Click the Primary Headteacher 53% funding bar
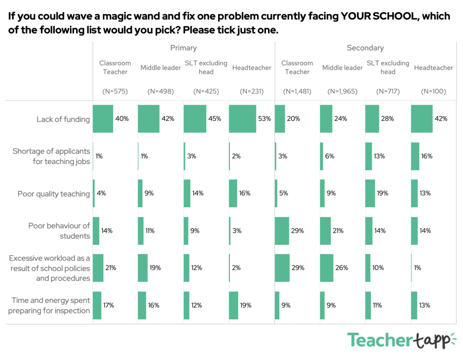click(242, 119)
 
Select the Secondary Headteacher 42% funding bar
click(421, 119)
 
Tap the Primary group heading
click(183, 47)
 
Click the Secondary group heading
click(365, 47)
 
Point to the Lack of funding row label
click(63, 119)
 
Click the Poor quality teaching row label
click(54, 194)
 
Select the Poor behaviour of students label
click(59, 231)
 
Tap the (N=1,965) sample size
click(342, 91)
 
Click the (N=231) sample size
click(251, 91)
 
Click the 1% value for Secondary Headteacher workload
click(417, 268)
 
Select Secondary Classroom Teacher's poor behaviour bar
click(282, 231)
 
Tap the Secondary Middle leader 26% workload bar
click(326, 268)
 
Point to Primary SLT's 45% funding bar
click(195, 119)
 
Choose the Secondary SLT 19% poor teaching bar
click(370, 194)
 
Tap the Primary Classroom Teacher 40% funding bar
click(103, 119)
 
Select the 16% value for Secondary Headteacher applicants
click(427, 156)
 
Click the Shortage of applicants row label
click(51, 156)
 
